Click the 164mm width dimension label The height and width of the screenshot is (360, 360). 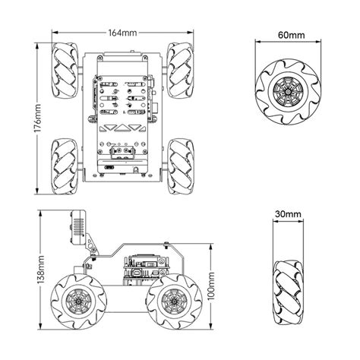click(123, 33)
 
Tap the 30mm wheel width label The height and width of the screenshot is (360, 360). click(290, 215)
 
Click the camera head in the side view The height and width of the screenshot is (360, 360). click(78, 227)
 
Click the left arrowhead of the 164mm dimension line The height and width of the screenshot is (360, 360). click(54, 33)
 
